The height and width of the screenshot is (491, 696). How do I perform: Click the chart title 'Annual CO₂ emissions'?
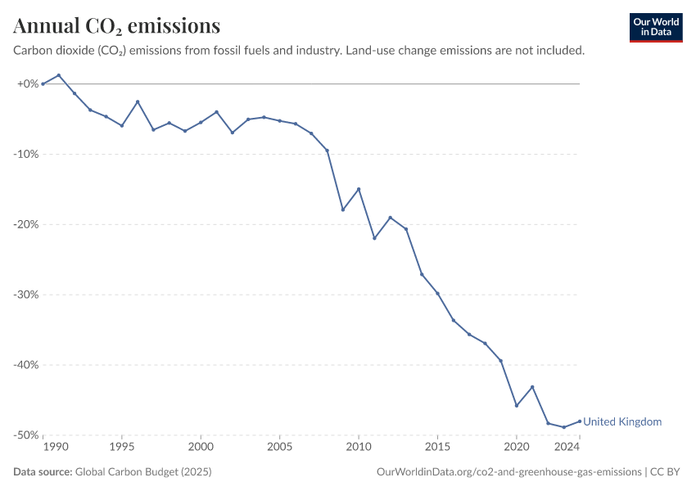pyautogui.click(x=117, y=25)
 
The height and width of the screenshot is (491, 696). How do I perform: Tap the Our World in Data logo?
pyautogui.click(x=656, y=28)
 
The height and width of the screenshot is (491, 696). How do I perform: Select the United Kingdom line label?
pyautogui.click(x=622, y=421)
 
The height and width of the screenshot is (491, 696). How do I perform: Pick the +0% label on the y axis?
pyautogui.click(x=28, y=83)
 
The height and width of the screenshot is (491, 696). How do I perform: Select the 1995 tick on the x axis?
pyautogui.click(x=122, y=447)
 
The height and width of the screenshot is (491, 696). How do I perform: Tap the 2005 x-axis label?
pyautogui.click(x=280, y=447)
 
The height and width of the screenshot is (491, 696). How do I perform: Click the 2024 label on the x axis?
pyautogui.click(x=567, y=447)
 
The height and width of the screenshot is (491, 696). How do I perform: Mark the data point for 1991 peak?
pyautogui.click(x=59, y=75)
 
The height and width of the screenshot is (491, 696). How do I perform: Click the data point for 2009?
pyautogui.click(x=342, y=209)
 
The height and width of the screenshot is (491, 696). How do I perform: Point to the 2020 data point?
pyautogui.click(x=516, y=405)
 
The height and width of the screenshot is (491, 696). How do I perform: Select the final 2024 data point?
pyautogui.click(x=580, y=421)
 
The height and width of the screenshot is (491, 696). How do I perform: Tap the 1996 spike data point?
pyautogui.click(x=138, y=101)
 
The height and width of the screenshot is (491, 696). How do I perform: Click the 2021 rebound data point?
pyautogui.click(x=532, y=387)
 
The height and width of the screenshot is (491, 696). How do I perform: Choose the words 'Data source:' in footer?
pyautogui.click(x=43, y=471)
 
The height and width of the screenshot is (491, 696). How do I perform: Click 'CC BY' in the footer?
pyautogui.click(x=665, y=471)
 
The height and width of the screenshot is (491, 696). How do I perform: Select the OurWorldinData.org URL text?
pyautogui.click(x=509, y=471)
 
